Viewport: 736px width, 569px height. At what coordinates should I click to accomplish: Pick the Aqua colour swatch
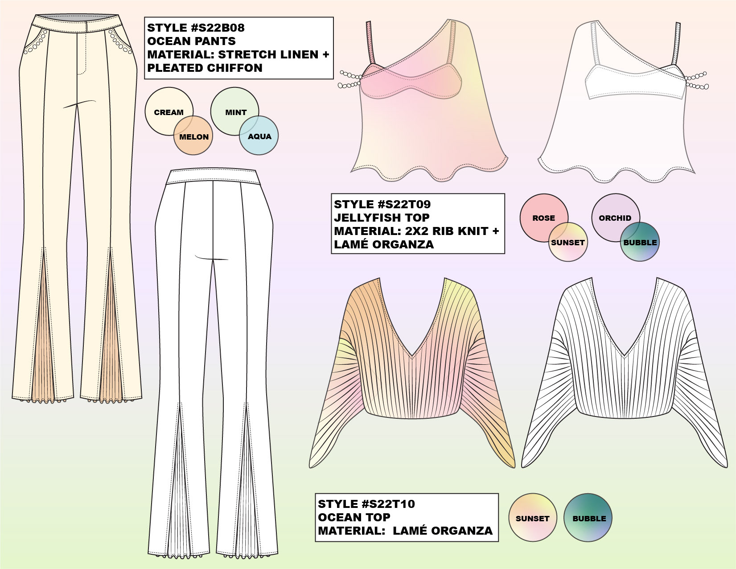(x=261, y=138)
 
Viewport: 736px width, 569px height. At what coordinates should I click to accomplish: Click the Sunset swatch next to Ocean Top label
(x=532, y=518)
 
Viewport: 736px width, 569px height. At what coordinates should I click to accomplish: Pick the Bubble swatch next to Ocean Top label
(x=588, y=518)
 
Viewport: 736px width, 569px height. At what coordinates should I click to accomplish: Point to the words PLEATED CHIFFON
(x=205, y=68)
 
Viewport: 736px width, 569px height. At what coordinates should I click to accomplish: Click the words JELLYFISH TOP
(x=382, y=218)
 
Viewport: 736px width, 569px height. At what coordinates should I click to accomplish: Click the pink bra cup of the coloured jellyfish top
(x=410, y=80)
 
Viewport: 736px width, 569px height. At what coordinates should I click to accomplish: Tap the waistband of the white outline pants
(x=212, y=177)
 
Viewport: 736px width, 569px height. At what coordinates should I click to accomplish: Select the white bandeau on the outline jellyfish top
(x=635, y=85)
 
